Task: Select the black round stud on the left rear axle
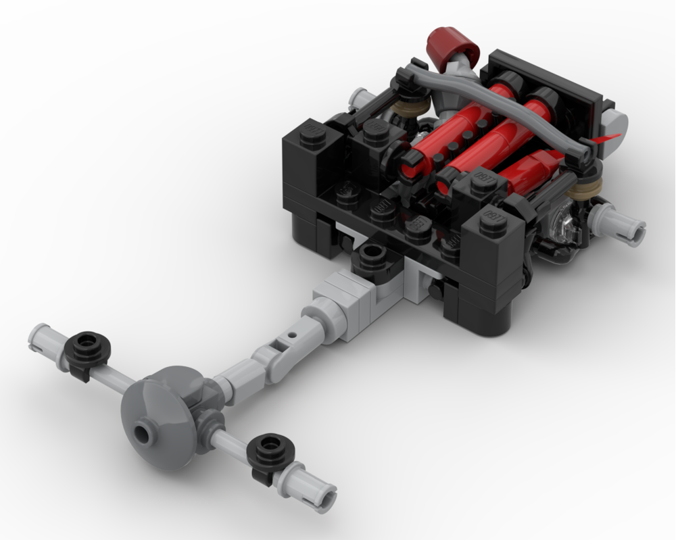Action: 88,345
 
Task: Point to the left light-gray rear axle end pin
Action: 42,336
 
